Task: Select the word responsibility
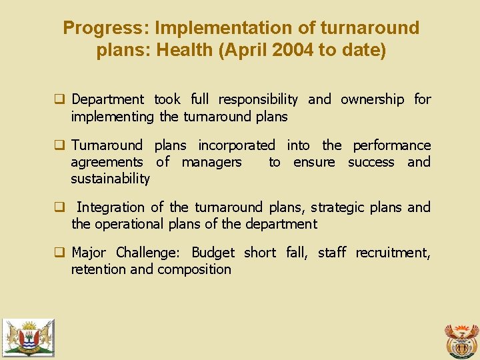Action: tap(258, 100)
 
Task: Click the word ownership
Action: tap(372, 99)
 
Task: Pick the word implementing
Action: tap(113, 117)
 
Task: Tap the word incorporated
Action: tap(236, 145)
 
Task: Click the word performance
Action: tap(391, 145)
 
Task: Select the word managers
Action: tap(211, 162)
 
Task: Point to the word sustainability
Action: tap(111, 179)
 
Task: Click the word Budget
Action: tap(213, 253)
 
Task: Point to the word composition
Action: tap(194, 269)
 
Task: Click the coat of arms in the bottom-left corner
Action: tap(28, 337)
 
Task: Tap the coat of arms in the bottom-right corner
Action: tap(461, 340)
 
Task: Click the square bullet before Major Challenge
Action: tap(59, 253)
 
